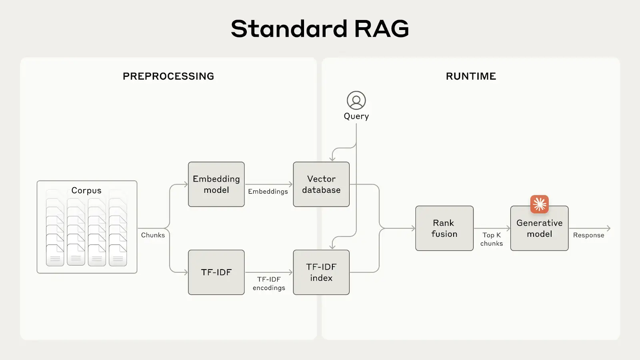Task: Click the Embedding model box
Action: (216, 184)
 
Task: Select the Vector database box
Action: (321, 184)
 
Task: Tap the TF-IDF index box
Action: (321, 272)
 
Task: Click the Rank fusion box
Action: (444, 228)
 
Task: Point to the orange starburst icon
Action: (539, 204)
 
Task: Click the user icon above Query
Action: (356, 100)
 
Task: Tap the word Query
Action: (356, 116)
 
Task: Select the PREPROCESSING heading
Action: (168, 76)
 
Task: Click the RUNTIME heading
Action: (471, 76)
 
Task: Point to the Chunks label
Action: (153, 235)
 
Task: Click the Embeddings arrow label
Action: (268, 192)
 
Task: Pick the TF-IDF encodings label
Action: (269, 284)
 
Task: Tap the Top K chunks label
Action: (492, 239)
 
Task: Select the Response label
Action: (588, 235)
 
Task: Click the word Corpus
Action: (86, 190)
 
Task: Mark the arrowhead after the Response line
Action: (608, 228)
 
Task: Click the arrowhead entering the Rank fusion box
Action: (413, 228)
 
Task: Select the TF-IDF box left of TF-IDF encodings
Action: (216, 272)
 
